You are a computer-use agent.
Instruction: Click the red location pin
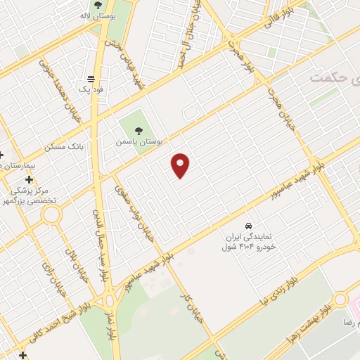coord(181,165)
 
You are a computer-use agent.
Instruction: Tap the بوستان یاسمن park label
coord(139,141)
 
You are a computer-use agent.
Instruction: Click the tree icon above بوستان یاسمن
coord(139,130)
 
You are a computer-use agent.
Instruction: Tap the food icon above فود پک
coord(91,79)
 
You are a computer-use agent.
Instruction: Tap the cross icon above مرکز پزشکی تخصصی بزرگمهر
coord(28,180)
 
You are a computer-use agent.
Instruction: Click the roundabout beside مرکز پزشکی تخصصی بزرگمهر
coord(51,216)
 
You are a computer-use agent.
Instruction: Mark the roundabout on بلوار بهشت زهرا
coord(341,300)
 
